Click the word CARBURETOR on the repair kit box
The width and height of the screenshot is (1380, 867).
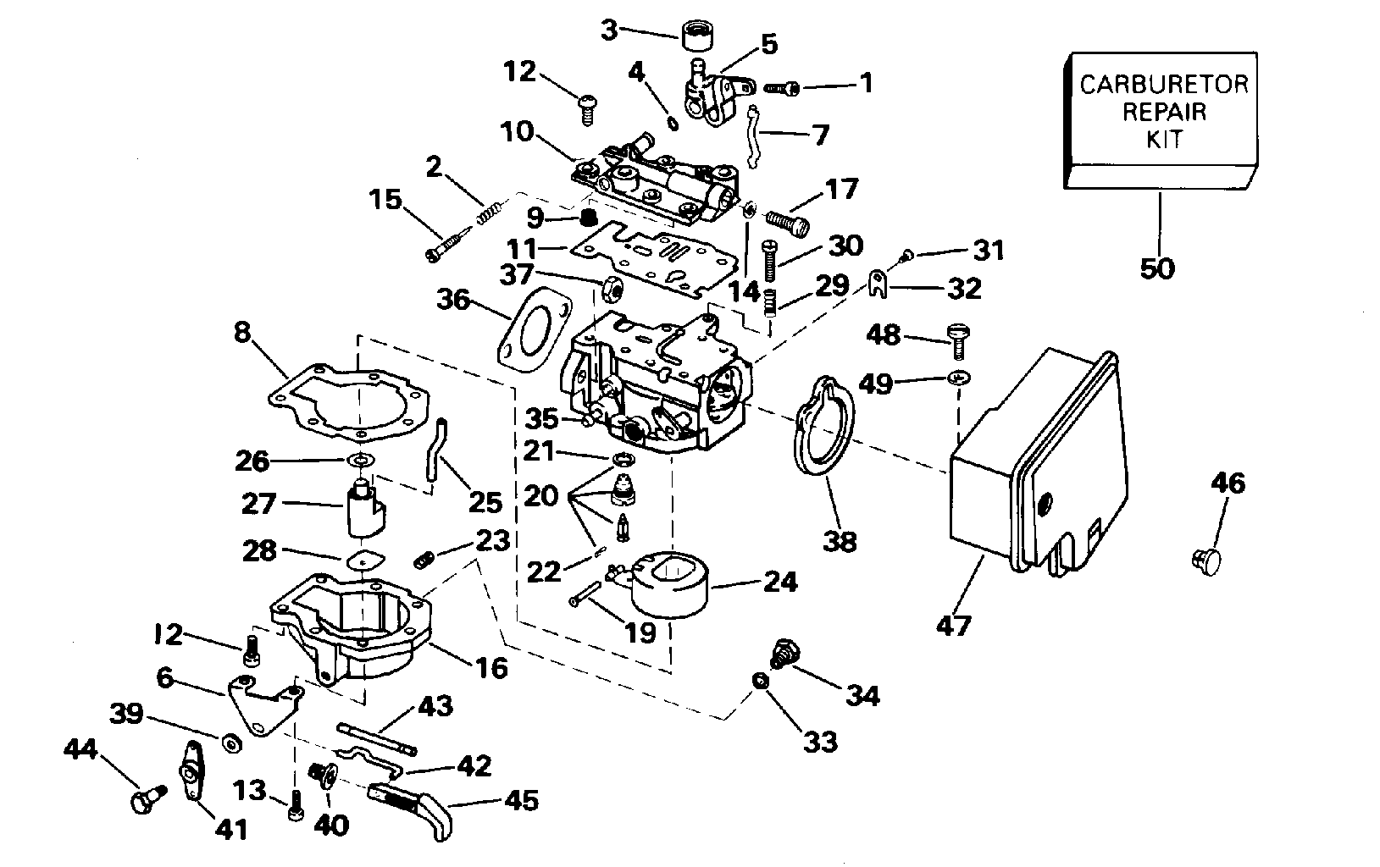coord(1163,85)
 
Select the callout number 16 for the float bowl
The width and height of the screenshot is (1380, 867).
coord(490,668)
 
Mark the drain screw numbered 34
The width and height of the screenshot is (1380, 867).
coord(777,654)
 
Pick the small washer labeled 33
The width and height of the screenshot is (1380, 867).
coord(761,681)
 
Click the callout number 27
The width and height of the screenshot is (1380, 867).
coord(258,505)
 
